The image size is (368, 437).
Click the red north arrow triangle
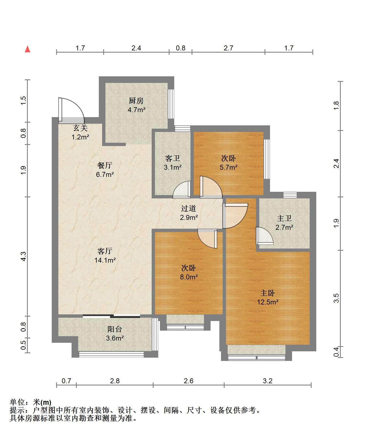click(28, 49)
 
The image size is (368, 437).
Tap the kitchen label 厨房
click(136, 101)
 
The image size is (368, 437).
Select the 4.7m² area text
click(137, 110)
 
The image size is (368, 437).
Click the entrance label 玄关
click(80, 128)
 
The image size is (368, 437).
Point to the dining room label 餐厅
click(105, 165)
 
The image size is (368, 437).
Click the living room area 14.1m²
click(105, 260)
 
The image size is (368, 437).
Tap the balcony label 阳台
click(115, 329)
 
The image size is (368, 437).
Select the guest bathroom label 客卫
click(173, 158)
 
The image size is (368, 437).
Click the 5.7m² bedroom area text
click(228, 167)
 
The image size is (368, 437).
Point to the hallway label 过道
click(189, 208)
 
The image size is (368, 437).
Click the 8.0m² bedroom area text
click(189, 277)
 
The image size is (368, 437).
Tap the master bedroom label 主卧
click(268, 293)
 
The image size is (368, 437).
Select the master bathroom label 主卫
click(284, 218)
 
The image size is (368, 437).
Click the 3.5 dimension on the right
click(336, 298)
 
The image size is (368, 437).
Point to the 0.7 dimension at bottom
click(66, 381)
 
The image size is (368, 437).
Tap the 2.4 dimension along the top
click(136, 48)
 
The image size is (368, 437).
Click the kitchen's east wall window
click(171, 104)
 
